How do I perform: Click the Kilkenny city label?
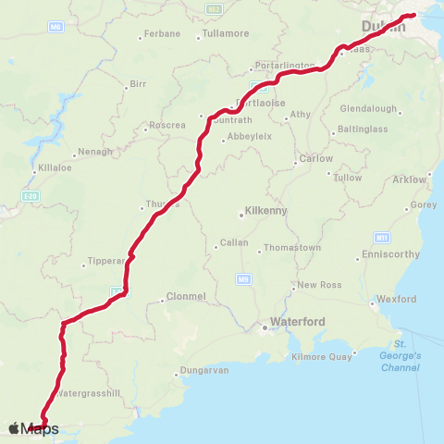click(265, 211)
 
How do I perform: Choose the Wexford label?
click(398, 300)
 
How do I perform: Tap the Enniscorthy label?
click(391, 253)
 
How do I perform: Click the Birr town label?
click(138, 84)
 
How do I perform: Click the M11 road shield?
click(381, 236)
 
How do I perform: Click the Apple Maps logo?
click(33, 428)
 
